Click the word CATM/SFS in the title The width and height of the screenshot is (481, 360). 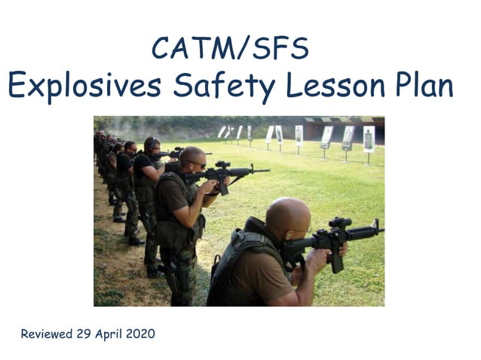pos(230,49)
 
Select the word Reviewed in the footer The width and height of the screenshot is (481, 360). pos(47,334)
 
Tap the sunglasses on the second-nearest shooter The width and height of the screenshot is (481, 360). pos(198,163)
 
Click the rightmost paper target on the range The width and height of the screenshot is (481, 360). pos(369,139)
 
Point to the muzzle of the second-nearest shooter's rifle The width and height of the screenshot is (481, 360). pos(268,170)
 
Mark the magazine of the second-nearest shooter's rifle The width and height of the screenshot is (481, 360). pos(223,187)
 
